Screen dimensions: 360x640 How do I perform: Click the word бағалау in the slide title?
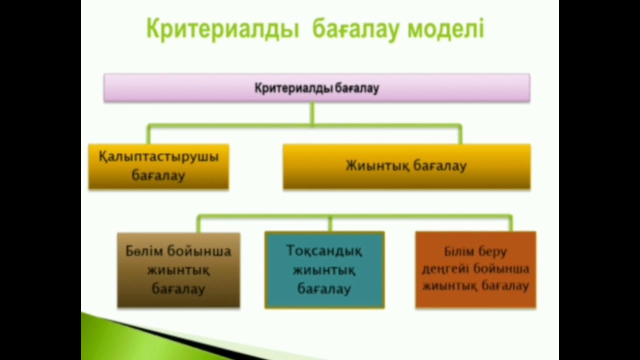click(x=355, y=29)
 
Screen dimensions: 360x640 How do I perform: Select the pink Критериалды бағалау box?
click(x=316, y=88)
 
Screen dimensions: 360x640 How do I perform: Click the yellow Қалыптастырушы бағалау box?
click(x=158, y=166)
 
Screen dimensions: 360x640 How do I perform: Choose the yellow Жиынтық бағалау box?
click(x=406, y=166)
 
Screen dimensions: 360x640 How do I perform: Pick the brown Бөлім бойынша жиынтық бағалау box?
click(x=178, y=270)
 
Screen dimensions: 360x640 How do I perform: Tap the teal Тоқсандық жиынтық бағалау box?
click(x=324, y=270)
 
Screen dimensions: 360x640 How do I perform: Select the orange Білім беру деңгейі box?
click(x=475, y=270)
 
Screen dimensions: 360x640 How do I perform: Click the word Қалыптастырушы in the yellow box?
click(x=158, y=157)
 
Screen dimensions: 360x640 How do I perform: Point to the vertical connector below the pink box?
click(x=312, y=113)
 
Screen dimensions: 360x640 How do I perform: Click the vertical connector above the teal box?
click(x=330, y=224)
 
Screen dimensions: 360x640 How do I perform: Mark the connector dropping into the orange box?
click(x=510, y=223)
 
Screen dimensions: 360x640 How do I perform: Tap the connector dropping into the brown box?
click(x=198, y=224)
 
